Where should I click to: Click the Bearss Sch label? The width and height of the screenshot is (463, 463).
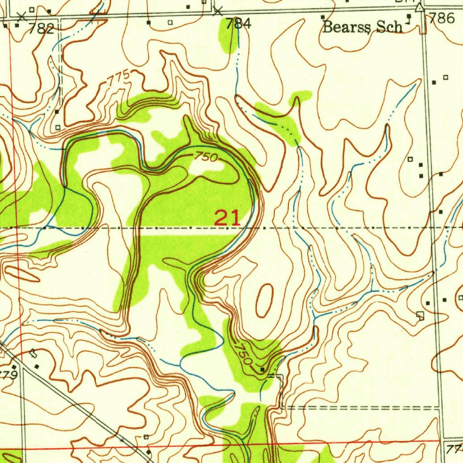pos(362,27)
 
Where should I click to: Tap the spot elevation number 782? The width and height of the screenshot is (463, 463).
pos(41,29)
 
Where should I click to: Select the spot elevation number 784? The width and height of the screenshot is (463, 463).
pos(238,24)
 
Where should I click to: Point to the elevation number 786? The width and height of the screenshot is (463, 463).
pos(442,18)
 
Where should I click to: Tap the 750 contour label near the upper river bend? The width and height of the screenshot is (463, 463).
pos(206,157)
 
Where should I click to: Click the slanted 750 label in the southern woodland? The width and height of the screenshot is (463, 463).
pos(243,353)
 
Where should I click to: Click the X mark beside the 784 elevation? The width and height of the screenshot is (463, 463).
pos(218,11)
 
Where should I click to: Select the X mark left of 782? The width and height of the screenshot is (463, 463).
pos(21,17)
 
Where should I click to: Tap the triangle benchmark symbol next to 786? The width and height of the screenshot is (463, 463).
pos(420,7)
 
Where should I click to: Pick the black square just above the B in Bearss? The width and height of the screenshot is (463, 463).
pos(323,17)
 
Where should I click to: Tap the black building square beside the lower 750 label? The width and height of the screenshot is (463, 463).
pos(262,370)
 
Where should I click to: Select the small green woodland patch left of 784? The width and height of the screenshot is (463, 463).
pos(227,36)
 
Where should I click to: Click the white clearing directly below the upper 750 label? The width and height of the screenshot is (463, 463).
pos(206,168)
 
